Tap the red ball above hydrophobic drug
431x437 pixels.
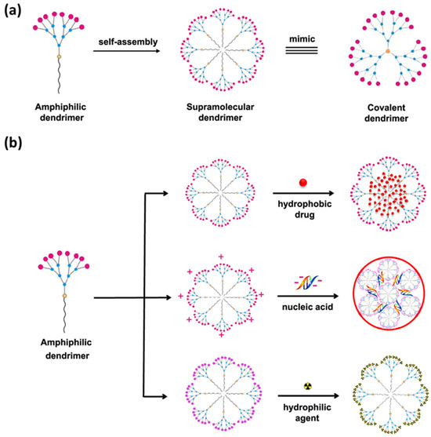(x=299, y=185)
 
